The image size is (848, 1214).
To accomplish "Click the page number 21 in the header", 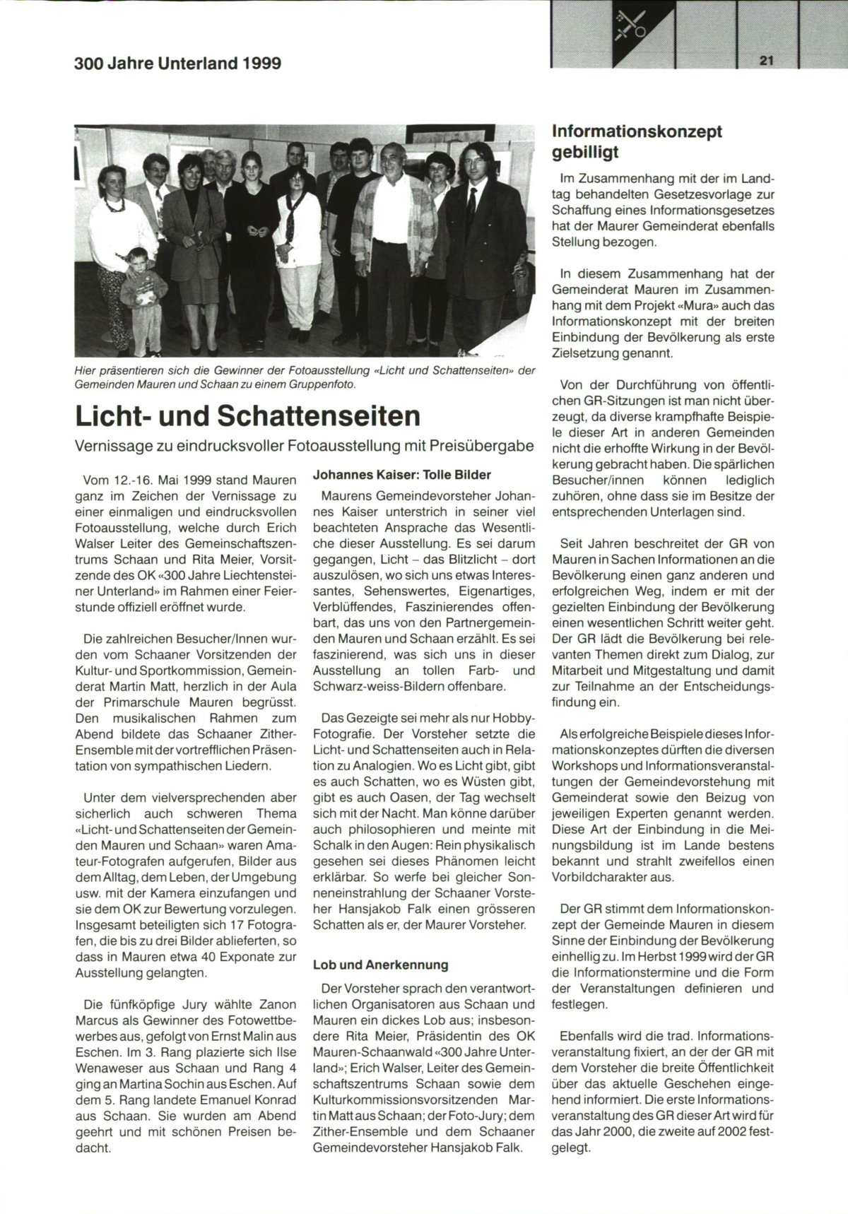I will [767, 61].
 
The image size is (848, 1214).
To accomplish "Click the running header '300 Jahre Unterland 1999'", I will [177, 64].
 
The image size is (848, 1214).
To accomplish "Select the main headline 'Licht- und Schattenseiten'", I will [247, 416].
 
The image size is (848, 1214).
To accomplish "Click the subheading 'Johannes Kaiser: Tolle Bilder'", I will [401, 475].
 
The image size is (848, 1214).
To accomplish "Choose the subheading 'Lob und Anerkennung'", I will [380, 965].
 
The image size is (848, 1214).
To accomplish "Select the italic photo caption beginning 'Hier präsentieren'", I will [305, 377].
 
